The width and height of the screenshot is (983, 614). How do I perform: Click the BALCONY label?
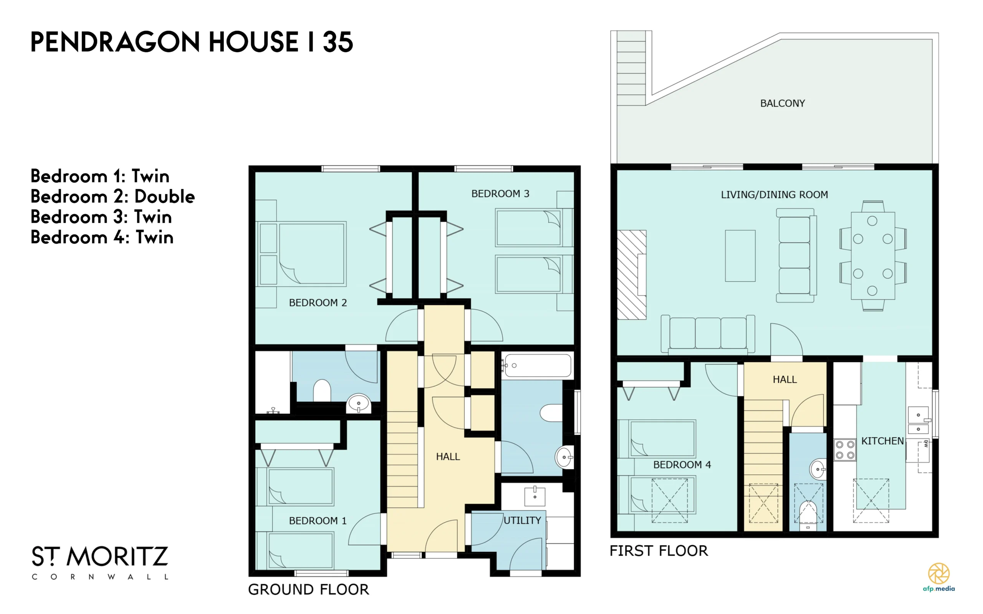click(x=782, y=104)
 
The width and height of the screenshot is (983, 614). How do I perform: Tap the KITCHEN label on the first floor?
click(x=882, y=441)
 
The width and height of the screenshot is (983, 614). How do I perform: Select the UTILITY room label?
click(x=522, y=520)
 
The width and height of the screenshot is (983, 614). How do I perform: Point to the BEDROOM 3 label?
click(x=500, y=194)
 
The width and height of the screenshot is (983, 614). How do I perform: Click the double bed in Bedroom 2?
click(x=303, y=254)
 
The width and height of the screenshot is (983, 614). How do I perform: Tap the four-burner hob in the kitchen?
click(x=845, y=450)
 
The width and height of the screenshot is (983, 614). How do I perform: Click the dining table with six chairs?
click(x=872, y=256)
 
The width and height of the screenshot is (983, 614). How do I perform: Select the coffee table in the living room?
click(x=740, y=256)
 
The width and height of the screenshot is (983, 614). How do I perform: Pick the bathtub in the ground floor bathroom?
click(x=537, y=366)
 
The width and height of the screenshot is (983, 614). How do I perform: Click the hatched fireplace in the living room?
click(x=631, y=275)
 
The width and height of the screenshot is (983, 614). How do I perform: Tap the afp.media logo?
click(x=939, y=577)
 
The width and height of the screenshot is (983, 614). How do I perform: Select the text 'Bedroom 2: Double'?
click(x=113, y=197)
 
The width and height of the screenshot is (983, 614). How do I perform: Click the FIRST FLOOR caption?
click(x=659, y=551)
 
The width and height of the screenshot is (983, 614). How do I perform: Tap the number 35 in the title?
click(x=338, y=42)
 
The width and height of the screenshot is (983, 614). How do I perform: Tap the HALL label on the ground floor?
click(x=448, y=457)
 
